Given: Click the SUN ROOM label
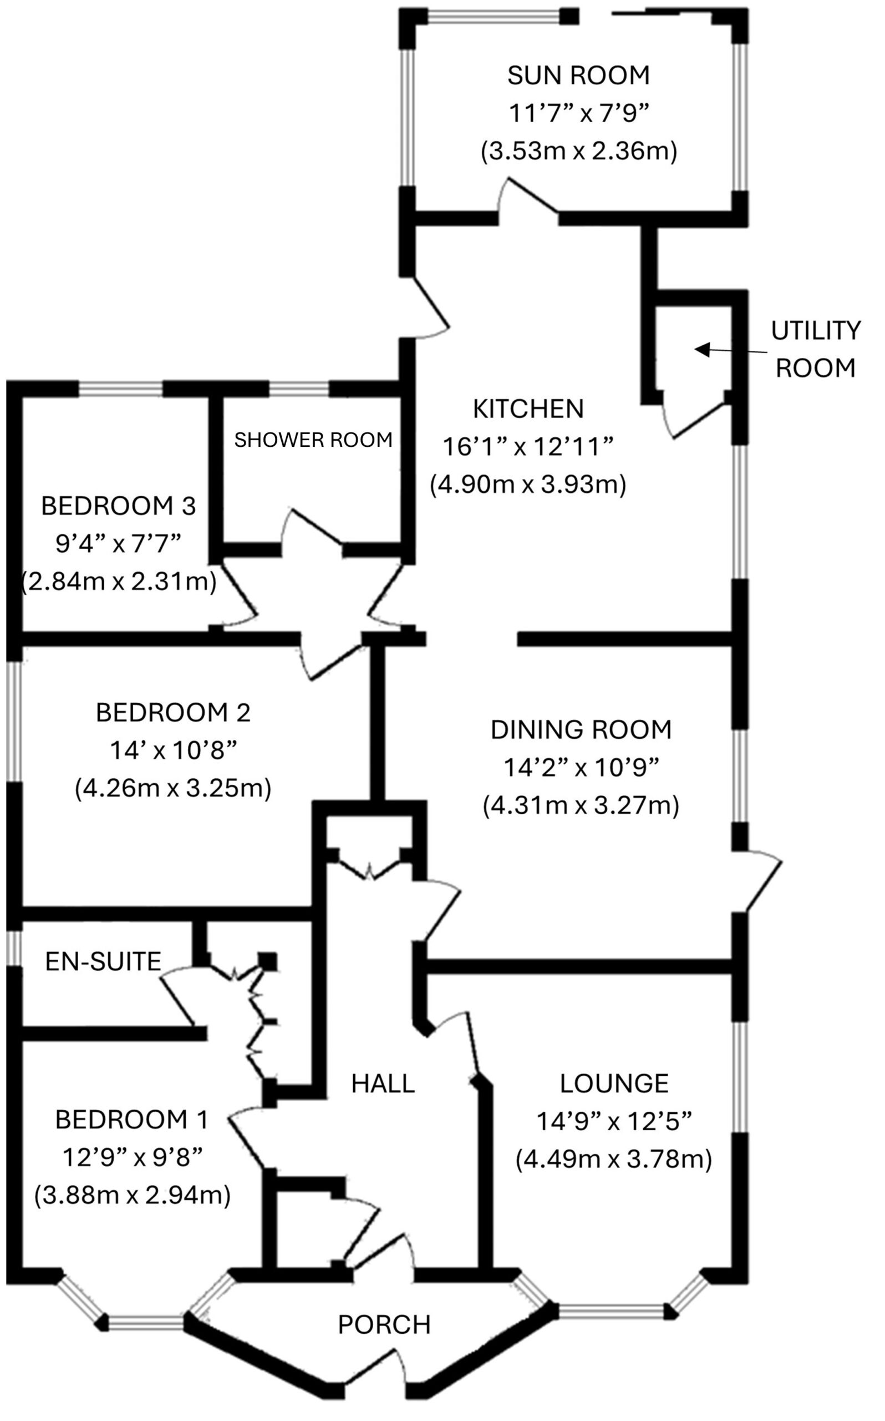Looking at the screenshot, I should coord(578,75).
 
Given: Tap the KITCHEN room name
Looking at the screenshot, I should coord(528,409).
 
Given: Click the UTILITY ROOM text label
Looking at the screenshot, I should coord(815,350).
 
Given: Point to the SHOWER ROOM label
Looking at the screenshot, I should coord(313,439).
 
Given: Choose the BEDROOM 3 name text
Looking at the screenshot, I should coord(118,506).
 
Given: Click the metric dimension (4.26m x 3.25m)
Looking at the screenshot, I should coord(173,788).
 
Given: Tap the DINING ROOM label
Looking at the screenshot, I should coord(581,730).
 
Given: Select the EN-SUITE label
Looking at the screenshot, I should coord(103,961).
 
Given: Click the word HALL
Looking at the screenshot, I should coord(383,1084).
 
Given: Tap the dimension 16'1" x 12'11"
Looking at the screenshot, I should coord(528,447).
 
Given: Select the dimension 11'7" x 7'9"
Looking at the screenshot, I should coord(578,114).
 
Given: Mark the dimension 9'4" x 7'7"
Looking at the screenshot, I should coord(118,544).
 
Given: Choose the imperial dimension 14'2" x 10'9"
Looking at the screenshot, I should coord(581,767).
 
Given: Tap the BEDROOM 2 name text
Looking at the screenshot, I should coord(173,713).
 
